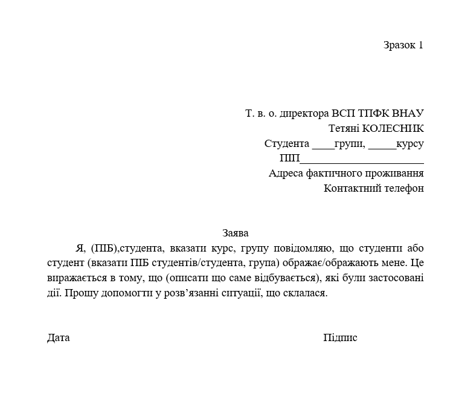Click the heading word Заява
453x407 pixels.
pos(235,233)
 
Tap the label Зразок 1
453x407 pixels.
pos(403,45)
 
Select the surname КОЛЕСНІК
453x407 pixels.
pos(393,128)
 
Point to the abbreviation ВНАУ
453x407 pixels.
pos(408,113)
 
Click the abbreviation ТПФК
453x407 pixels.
pos(374,113)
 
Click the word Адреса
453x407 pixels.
pos(284,173)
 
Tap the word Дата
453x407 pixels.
pos(58,338)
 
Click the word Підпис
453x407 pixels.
pos(340,338)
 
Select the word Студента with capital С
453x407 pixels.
pos(286,144)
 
